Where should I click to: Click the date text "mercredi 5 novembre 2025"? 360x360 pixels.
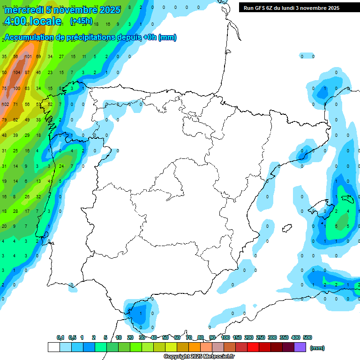click(62, 9)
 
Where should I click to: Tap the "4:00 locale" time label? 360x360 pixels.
click(33, 21)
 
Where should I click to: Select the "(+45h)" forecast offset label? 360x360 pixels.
click(81, 21)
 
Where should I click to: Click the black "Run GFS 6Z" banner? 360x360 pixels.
click(292, 8)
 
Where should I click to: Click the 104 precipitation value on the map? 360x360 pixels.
click(17, 73)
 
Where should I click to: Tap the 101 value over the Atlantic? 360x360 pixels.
click(28, 57)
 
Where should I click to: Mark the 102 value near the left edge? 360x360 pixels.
click(6, 104)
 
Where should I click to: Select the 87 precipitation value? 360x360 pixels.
click(28, 73)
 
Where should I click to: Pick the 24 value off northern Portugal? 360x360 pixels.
click(61, 166)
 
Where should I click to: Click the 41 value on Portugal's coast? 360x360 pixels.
click(51, 181)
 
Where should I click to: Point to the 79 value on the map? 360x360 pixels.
click(4, 120)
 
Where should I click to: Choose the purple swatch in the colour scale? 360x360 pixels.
click(300, 347)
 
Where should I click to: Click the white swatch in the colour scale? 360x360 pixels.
click(53, 347)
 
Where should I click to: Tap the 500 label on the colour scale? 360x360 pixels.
click(307, 337)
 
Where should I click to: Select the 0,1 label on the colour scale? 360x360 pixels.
click(60, 337)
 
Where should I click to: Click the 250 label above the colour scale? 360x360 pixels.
click(261, 337)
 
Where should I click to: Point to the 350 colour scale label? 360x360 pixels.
click(284, 337)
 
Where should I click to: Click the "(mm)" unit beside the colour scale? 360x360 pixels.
click(317, 348)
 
